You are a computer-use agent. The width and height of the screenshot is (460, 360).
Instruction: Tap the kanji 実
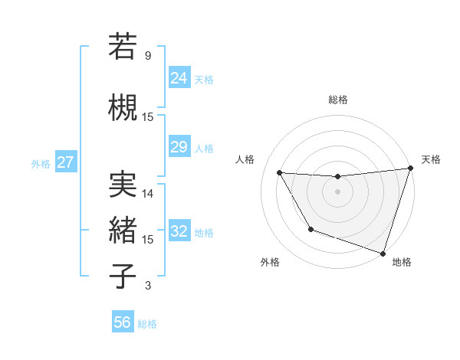point(123,185)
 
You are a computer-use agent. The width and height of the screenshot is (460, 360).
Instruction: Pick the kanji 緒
point(123,230)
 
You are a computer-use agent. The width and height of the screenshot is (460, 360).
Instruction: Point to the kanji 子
point(123,277)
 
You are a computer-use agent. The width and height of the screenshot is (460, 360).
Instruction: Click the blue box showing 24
point(179,77)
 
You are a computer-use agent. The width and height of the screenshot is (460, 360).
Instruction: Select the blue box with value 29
point(179,146)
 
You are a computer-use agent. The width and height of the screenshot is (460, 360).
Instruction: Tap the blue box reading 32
point(179,231)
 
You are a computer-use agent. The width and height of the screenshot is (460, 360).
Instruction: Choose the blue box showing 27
point(65,162)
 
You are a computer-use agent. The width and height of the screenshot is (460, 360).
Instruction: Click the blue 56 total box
point(123,322)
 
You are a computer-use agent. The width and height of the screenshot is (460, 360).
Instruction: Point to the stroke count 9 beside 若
point(148,56)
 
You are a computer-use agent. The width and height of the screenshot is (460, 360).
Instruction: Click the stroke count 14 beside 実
point(148,194)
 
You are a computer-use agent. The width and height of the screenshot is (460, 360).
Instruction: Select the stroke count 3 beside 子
point(148,286)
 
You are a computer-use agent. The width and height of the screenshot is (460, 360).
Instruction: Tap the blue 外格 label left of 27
point(41,163)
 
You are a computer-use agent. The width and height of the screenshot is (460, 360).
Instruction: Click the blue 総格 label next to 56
point(147,324)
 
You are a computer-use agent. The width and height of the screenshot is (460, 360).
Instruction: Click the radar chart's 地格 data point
point(383,253)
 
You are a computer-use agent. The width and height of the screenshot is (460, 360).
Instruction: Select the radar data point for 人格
point(280,173)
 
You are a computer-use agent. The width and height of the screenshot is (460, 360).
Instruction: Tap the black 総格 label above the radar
point(338,100)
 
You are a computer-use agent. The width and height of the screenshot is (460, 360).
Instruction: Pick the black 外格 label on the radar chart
point(270,262)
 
